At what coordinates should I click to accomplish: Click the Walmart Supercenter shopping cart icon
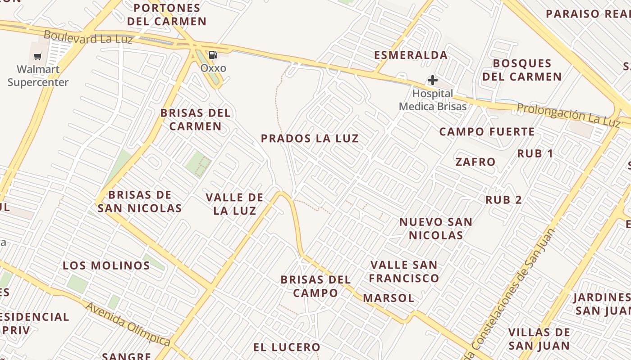(x=38, y=57)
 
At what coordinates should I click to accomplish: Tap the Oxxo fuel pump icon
(x=213, y=55)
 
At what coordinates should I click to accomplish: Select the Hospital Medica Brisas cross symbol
(x=433, y=81)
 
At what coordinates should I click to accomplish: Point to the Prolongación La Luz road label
(x=569, y=114)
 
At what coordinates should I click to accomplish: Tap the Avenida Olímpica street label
(x=128, y=324)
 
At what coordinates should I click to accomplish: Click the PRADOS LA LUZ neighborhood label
(x=310, y=139)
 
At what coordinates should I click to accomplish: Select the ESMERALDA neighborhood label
(x=411, y=55)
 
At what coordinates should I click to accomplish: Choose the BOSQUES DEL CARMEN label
(x=522, y=70)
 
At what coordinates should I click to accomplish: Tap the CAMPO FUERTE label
(x=487, y=132)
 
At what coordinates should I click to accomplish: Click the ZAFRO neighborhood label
(x=476, y=162)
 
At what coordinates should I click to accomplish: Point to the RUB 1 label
(x=535, y=153)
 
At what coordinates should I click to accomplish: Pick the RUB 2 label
(x=503, y=200)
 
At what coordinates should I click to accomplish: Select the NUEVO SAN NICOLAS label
(x=436, y=228)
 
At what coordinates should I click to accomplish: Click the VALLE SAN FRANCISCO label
(x=404, y=271)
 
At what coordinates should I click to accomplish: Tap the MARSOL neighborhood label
(x=389, y=298)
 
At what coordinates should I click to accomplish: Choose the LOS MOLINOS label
(x=106, y=265)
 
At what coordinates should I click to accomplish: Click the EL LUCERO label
(x=287, y=347)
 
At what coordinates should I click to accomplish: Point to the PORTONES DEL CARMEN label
(x=167, y=14)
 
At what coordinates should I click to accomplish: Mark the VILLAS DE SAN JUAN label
(x=539, y=339)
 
